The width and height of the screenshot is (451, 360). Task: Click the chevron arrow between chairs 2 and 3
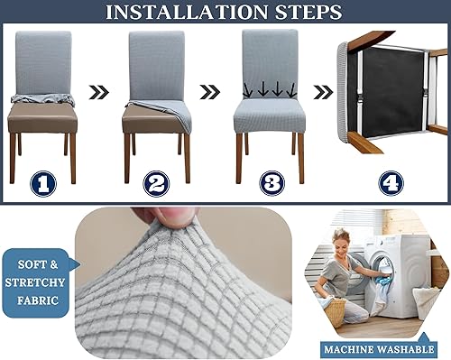pos(209,91)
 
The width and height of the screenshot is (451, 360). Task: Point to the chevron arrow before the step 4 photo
pos(323,91)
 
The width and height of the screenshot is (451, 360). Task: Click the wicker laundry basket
pos(335,310)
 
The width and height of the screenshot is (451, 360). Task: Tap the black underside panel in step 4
pos(389,86)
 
